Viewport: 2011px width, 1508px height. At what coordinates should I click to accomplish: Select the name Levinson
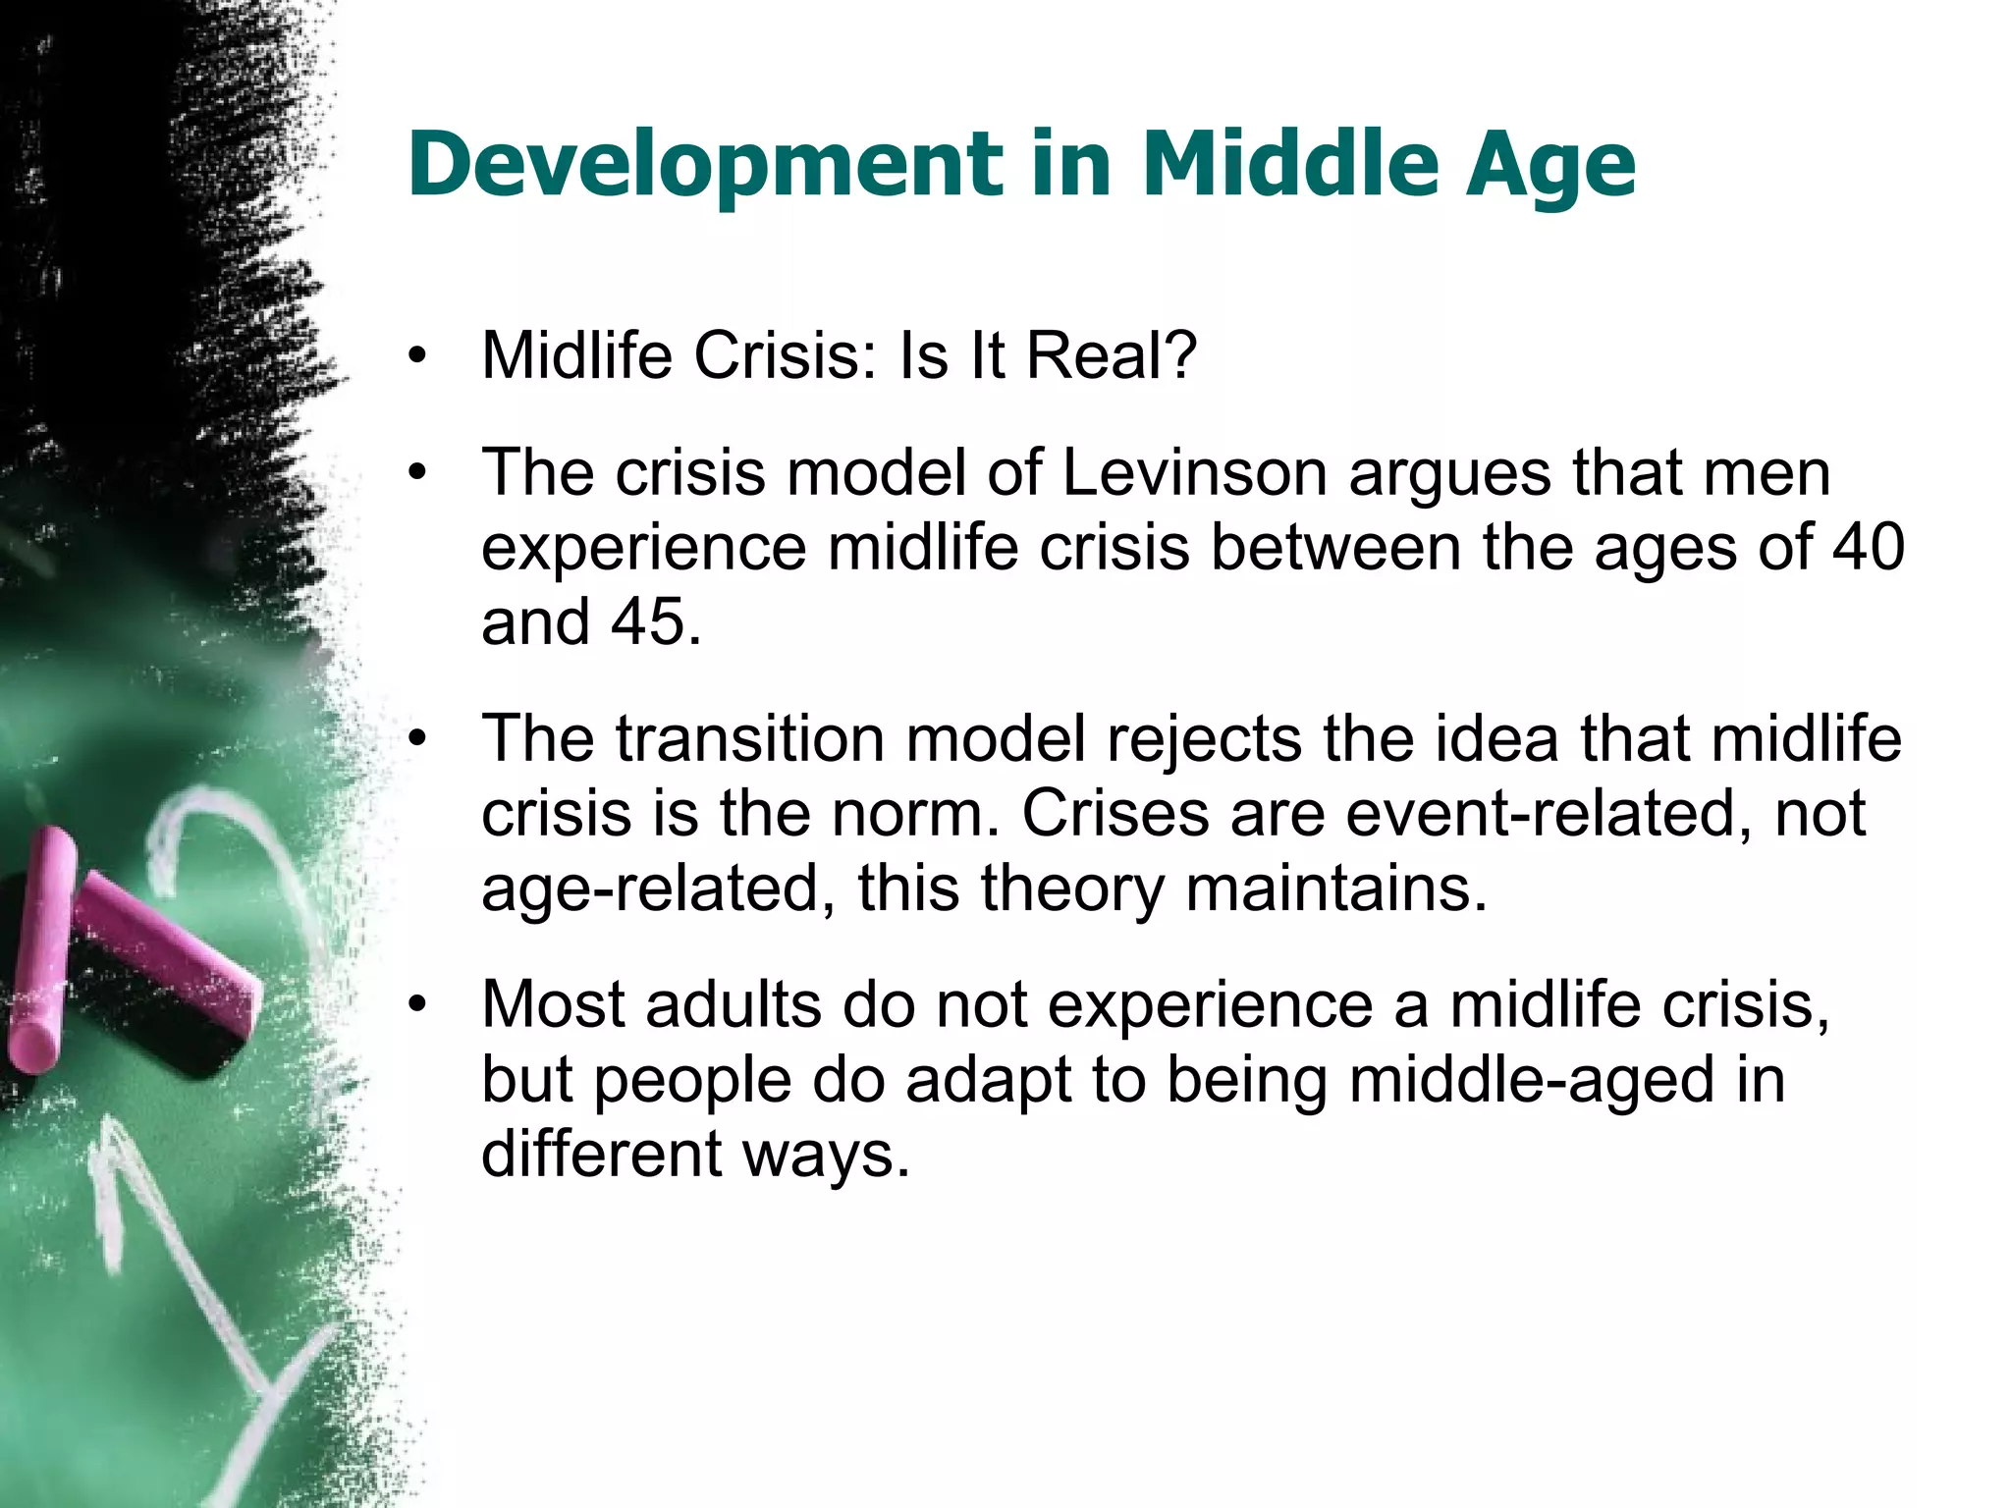click(x=1194, y=472)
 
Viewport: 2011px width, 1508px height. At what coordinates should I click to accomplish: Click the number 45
click(x=647, y=621)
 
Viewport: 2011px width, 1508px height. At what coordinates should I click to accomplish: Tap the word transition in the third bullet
click(x=751, y=738)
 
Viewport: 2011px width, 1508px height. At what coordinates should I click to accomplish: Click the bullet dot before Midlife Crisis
click(x=418, y=358)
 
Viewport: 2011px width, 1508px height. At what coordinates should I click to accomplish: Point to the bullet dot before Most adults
click(x=418, y=1007)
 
